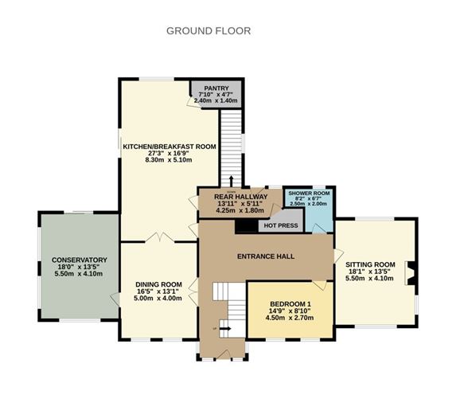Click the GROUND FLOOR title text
tap(209, 31)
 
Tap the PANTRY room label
tap(216, 88)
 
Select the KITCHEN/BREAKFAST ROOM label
tap(169, 147)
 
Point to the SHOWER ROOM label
tap(308, 194)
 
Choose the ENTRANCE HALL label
tap(266, 257)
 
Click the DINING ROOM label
tap(158, 284)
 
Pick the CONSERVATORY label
tap(79, 260)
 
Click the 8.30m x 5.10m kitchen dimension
tap(169, 160)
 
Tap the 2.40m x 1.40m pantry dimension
tap(216, 101)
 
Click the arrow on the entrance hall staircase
tap(225, 325)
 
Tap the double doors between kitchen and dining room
tap(159, 237)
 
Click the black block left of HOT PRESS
tap(246, 226)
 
